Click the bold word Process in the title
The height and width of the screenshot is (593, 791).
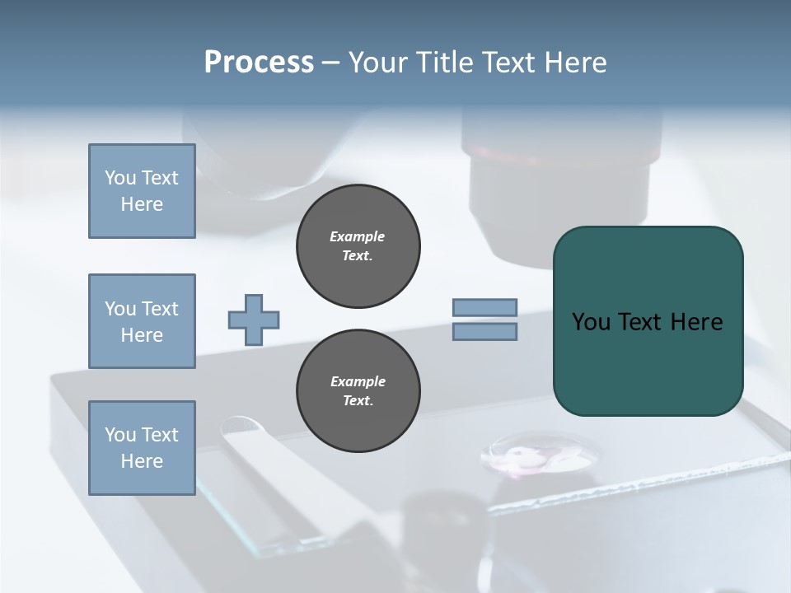coord(259,63)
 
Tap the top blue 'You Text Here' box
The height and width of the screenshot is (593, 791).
coord(142,191)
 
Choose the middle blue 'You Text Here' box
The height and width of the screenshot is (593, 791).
coord(142,321)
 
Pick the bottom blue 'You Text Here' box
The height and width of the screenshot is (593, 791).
coord(142,448)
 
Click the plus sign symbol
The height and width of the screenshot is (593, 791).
coord(254,320)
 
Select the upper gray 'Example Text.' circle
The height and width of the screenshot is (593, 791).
coord(358,245)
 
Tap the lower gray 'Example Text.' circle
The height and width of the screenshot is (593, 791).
coord(358,390)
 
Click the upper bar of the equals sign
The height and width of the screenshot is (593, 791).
coord(485,307)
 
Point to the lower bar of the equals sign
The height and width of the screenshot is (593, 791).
coord(485,331)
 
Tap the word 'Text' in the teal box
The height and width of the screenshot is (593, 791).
coord(640,322)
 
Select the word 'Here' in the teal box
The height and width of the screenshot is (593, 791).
coord(696,322)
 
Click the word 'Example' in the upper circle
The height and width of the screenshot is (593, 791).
coord(358,236)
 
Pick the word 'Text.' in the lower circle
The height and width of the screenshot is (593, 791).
coord(358,401)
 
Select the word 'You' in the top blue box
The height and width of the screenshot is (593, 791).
coord(119,178)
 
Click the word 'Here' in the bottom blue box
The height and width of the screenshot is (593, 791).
coord(142,461)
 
